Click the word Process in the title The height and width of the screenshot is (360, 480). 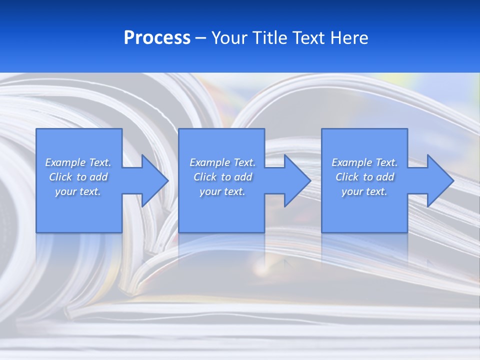pyautogui.click(x=157, y=38)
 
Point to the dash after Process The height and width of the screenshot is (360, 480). pyautogui.click(x=200, y=38)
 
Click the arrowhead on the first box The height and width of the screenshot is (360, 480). pyautogui.click(x=154, y=180)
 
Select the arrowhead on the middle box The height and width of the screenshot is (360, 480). pyautogui.click(x=297, y=180)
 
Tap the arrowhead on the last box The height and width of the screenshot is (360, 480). pyautogui.click(x=439, y=180)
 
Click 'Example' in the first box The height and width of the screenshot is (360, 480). pyautogui.click(x=65, y=162)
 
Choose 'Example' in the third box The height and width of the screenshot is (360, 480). pyautogui.click(x=351, y=162)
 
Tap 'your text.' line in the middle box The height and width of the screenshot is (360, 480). pyautogui.click(x=222, y=191)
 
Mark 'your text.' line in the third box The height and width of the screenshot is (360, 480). pyautogui.click(x=364, y=191)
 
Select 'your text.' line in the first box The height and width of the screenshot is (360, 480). pyautogui.click(x=78, y=191)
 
